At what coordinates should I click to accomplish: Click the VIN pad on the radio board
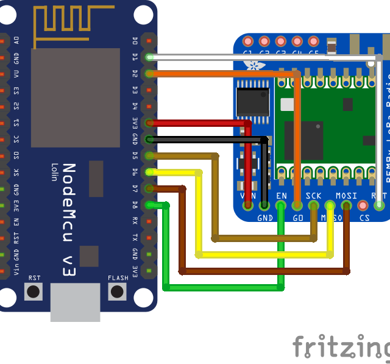(x=248, y=205)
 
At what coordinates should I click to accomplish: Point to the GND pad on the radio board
(x=264, y=205)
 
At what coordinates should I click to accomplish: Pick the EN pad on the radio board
(x=281, y=205)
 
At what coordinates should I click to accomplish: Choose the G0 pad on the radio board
(x=297, y=205)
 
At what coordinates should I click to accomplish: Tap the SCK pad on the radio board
(x=314, y=205)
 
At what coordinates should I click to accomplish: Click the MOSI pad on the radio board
(x=347, y=205)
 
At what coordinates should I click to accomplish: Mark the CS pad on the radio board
(x=363, y=205)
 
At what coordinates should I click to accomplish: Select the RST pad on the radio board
(x=380, y=205)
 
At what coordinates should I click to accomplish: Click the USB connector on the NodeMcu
(x=75, y=302)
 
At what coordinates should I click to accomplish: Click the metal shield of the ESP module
(x=75, y=98)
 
